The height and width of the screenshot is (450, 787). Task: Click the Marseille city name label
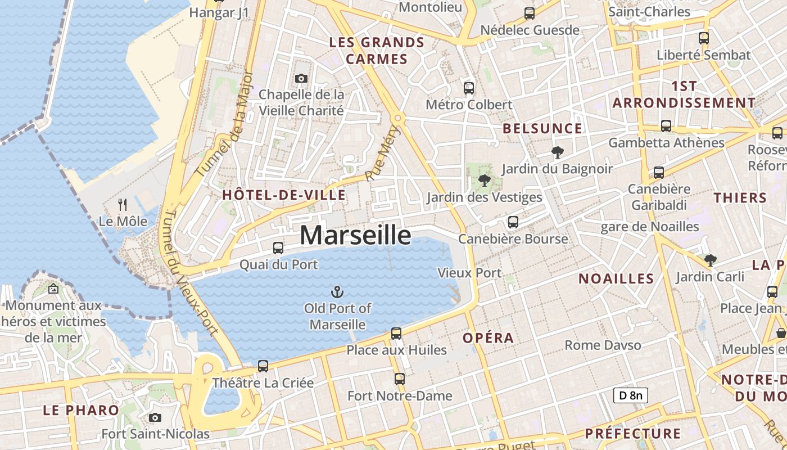(x=355, y=235)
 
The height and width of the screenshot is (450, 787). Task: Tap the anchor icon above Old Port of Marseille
(x=337, y=292)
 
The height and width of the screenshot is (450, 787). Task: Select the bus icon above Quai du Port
(x=278, y=247)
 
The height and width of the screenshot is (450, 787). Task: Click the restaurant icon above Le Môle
(x=123, y=205)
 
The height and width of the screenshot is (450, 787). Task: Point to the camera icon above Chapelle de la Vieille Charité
(x=301, y=78)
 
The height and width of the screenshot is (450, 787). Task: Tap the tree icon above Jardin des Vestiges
(x=483, y=181)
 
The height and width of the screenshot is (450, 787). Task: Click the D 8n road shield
(x=630, y=395)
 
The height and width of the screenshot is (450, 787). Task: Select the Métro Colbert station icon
(x=469, y=88)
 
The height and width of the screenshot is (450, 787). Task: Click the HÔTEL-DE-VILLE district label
(x=284, y=195)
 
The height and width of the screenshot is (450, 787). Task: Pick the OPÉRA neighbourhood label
(x=488, y=338)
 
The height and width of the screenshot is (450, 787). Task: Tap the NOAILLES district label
(x=616, y=279)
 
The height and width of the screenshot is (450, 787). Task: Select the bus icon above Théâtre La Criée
(x=263, y=366)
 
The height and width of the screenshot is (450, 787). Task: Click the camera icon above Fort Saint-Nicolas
(x=155, y=417)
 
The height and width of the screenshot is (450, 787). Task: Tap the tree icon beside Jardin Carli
(x=711, y=260)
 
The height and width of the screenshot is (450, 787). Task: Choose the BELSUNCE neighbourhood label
(x=542, y=128)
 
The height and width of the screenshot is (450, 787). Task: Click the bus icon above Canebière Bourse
(x=513, y=222)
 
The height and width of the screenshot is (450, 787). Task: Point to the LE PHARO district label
(x=81, y=410)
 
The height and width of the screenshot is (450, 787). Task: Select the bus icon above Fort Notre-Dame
(x=400, y=379)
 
